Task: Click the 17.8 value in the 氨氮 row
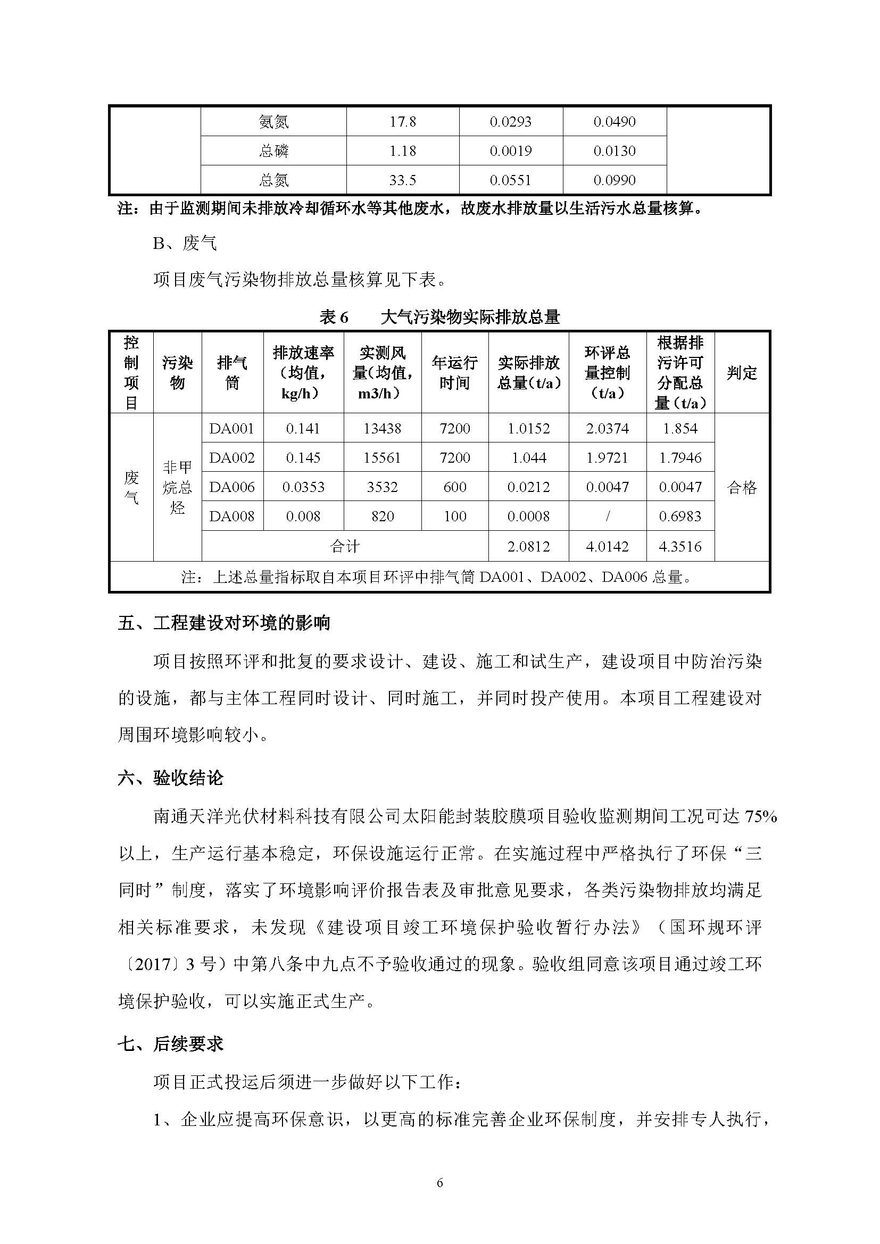click(402, 121)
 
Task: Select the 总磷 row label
click(273, 151)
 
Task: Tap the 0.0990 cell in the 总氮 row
click(614, 180)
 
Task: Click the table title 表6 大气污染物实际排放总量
click(439, 317)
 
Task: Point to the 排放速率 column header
click(303, 373)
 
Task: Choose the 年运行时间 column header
click(454, 373)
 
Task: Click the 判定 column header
click(741, 373)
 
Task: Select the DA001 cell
click(232, 429)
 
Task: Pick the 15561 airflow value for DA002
click(382, 458)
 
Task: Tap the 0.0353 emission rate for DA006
click(303, 487)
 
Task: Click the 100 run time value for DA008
click(454, 516)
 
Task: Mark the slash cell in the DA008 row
click(608, 516)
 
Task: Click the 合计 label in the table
click(345, 546)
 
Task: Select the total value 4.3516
click(680, 546)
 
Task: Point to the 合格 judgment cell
click(741, 488)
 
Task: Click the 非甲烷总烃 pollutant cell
click(177, 487)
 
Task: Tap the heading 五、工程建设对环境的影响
click(224, 623)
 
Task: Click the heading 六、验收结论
click(171, 779)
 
